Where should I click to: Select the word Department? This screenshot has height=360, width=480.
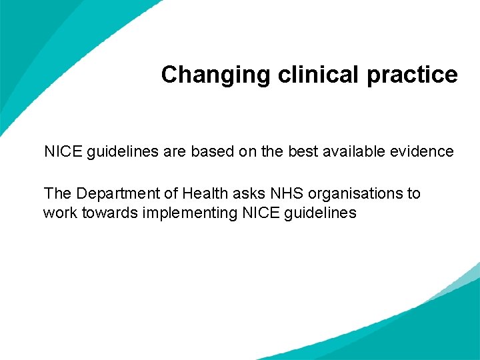119,194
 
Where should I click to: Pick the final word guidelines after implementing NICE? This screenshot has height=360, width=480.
324,214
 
